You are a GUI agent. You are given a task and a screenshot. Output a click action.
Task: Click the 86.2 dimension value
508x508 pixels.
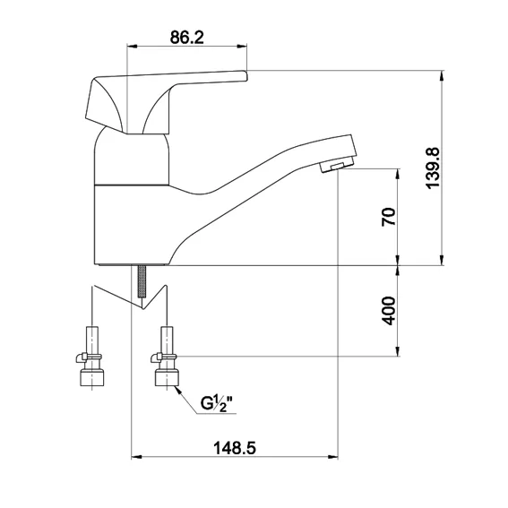click(187, 38)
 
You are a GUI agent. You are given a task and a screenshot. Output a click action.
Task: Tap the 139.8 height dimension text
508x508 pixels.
click(433, 168)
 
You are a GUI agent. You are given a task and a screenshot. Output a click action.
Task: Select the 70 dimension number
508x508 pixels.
click(389, 217)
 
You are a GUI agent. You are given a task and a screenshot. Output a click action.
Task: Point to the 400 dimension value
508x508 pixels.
click(389, 310)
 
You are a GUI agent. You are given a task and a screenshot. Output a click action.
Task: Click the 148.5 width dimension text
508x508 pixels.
click(235, 448)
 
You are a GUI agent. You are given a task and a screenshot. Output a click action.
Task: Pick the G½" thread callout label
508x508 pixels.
click(217, 403)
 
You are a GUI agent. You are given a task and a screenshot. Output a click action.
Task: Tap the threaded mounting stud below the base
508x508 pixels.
click(142, 281)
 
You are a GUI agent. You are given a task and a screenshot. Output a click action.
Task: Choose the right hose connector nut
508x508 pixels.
click(168, 378)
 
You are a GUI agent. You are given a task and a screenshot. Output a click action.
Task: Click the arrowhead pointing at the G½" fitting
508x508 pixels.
click(178, 391)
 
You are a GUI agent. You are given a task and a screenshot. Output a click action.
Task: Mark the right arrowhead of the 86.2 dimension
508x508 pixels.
click(241, 47)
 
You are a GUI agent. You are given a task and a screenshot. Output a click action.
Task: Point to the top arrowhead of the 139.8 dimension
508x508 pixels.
click(442, 76)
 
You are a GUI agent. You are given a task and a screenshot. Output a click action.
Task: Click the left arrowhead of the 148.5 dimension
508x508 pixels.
click(137, 457)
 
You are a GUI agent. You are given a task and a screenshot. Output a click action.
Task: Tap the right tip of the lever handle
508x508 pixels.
click(246, 76)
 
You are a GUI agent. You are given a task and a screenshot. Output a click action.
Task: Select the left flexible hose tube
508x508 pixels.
click(92, 341)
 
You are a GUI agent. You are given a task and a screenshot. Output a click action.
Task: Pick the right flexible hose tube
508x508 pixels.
click(167, 341)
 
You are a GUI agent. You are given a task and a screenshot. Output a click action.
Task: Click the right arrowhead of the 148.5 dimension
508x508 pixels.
click(332, 457)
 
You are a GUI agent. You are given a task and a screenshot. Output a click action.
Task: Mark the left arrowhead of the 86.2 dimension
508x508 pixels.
click(133, 47)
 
